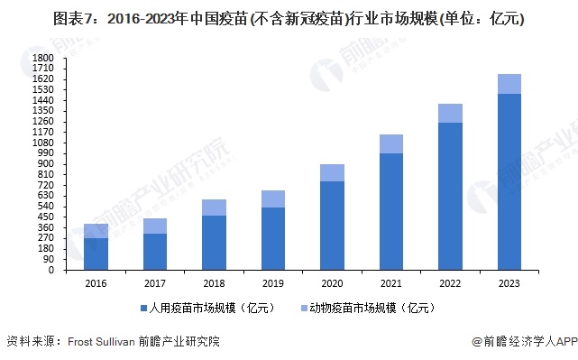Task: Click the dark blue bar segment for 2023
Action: point(509,181)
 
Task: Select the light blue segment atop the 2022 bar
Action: point(450,113)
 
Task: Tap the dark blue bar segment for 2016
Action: point(96,254)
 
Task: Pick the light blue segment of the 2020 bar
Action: point(332,172)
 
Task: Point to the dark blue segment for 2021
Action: point(391,211)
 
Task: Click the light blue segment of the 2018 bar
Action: point(214,208)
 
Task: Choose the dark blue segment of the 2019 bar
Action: point(273,238)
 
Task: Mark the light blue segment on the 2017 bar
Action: point(155,226)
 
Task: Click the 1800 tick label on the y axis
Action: point(44,58)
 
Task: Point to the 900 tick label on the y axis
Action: point(47,163)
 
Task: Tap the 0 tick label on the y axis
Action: point(52,270)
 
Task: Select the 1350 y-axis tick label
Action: point(44,110)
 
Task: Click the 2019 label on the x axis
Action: point(273,282)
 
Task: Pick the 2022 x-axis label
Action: point(450,282)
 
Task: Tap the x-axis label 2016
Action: point(96,282)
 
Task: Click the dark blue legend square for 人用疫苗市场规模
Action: point(143,309)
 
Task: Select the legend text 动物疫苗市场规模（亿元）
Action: point(372,309)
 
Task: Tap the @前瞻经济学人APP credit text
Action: point(524,342)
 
